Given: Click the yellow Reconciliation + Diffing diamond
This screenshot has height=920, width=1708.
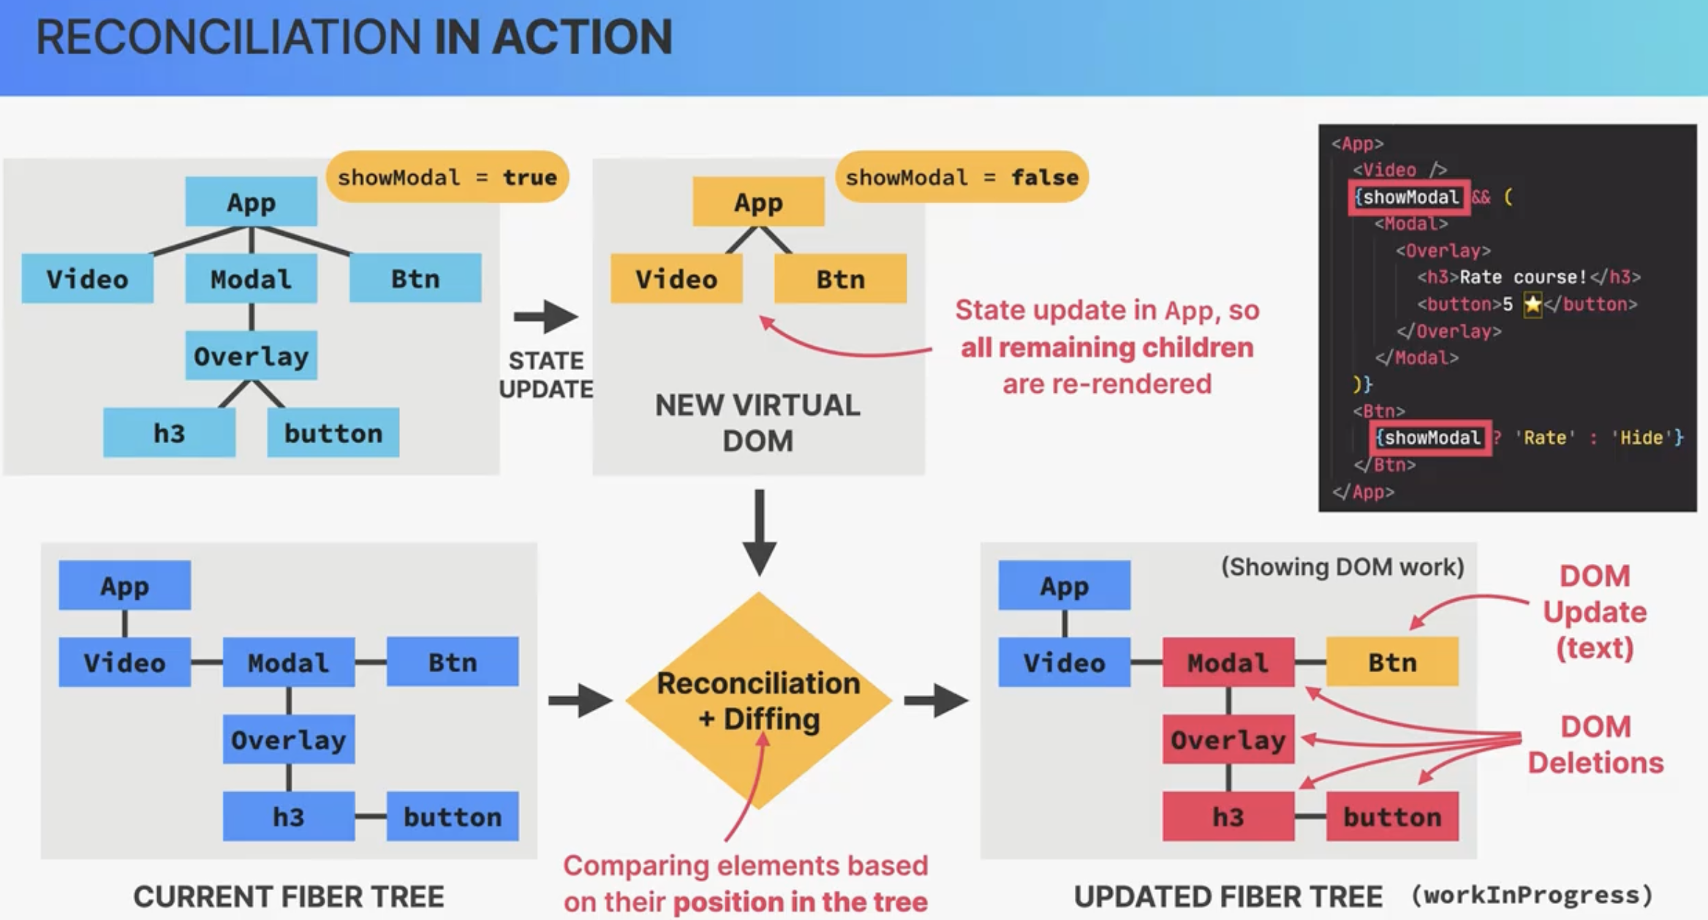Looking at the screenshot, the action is coord(759,701).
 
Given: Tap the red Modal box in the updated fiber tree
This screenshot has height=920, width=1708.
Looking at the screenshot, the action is coord(1228,662).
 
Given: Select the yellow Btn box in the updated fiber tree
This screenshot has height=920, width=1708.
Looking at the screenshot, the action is coord(1392,662).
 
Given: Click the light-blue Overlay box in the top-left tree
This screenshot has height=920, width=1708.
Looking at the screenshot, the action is coord(251,355).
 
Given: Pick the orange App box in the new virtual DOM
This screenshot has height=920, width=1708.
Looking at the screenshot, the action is coord(758,201).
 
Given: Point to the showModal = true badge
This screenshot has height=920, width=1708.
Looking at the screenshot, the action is coord(447,177).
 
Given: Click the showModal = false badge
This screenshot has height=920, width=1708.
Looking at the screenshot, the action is coord(961,177).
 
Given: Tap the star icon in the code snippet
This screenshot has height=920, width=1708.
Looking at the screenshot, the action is coord(1533,303).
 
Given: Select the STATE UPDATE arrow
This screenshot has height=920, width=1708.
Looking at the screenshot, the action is coord(546,317).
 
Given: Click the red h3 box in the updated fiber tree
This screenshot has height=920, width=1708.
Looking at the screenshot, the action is coord(1228,816).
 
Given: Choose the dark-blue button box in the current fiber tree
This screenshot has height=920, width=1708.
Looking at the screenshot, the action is coord(453,816).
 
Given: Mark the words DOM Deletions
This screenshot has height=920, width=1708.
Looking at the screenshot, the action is coord(1595,744).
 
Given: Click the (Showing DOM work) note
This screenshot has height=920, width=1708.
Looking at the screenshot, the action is coord(1342,567).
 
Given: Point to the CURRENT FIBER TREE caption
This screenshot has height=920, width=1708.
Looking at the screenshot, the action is coord(289,897).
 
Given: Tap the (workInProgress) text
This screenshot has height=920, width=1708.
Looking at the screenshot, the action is coord(1533,895).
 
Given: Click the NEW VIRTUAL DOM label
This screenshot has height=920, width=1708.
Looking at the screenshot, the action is coord(758,423).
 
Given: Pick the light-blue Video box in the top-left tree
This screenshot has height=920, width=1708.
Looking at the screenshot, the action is coord(87,278).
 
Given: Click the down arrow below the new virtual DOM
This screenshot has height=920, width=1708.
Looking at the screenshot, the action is coord(760,533).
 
